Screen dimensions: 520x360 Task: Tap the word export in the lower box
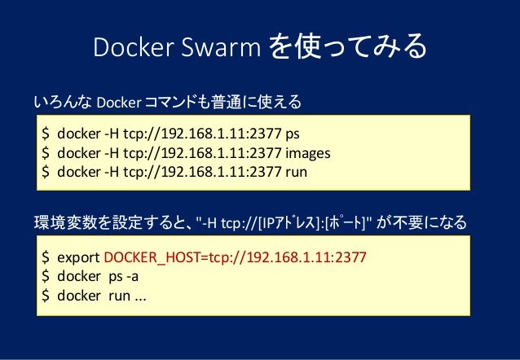tap(79, 257)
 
